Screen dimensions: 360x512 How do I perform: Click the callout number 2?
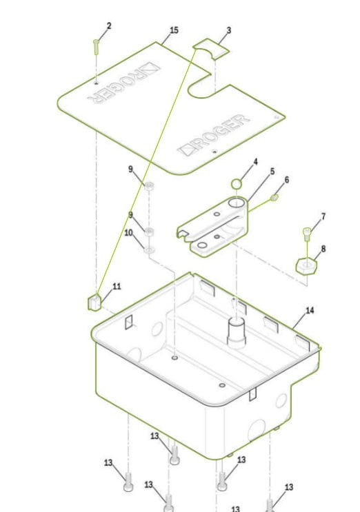point(109,25)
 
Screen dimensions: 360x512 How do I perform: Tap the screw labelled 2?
point(96,47)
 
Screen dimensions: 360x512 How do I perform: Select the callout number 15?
point(174,30)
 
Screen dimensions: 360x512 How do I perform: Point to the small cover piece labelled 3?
point(211,49)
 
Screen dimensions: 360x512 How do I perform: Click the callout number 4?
point(255,162)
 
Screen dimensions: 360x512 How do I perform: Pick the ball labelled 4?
point(237,184)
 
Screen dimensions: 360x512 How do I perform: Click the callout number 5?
point(272,172)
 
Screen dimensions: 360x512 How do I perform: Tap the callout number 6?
point(287,180)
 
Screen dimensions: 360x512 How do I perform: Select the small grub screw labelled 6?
point(274,197)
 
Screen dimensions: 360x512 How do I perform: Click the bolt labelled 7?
point(307,234)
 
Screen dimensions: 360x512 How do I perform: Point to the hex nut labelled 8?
point(306,266)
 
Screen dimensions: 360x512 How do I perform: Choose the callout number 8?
point(323,249)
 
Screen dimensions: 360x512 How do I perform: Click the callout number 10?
point(128,233)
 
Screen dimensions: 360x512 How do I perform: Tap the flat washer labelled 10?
point(149,250)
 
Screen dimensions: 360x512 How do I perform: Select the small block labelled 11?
point(94,302)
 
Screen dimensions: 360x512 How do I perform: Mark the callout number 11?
point(117,287)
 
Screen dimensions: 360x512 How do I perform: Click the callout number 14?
point(310,310)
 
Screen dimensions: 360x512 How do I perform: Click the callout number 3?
point(229,30)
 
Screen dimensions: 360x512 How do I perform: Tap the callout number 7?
point(323,216)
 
